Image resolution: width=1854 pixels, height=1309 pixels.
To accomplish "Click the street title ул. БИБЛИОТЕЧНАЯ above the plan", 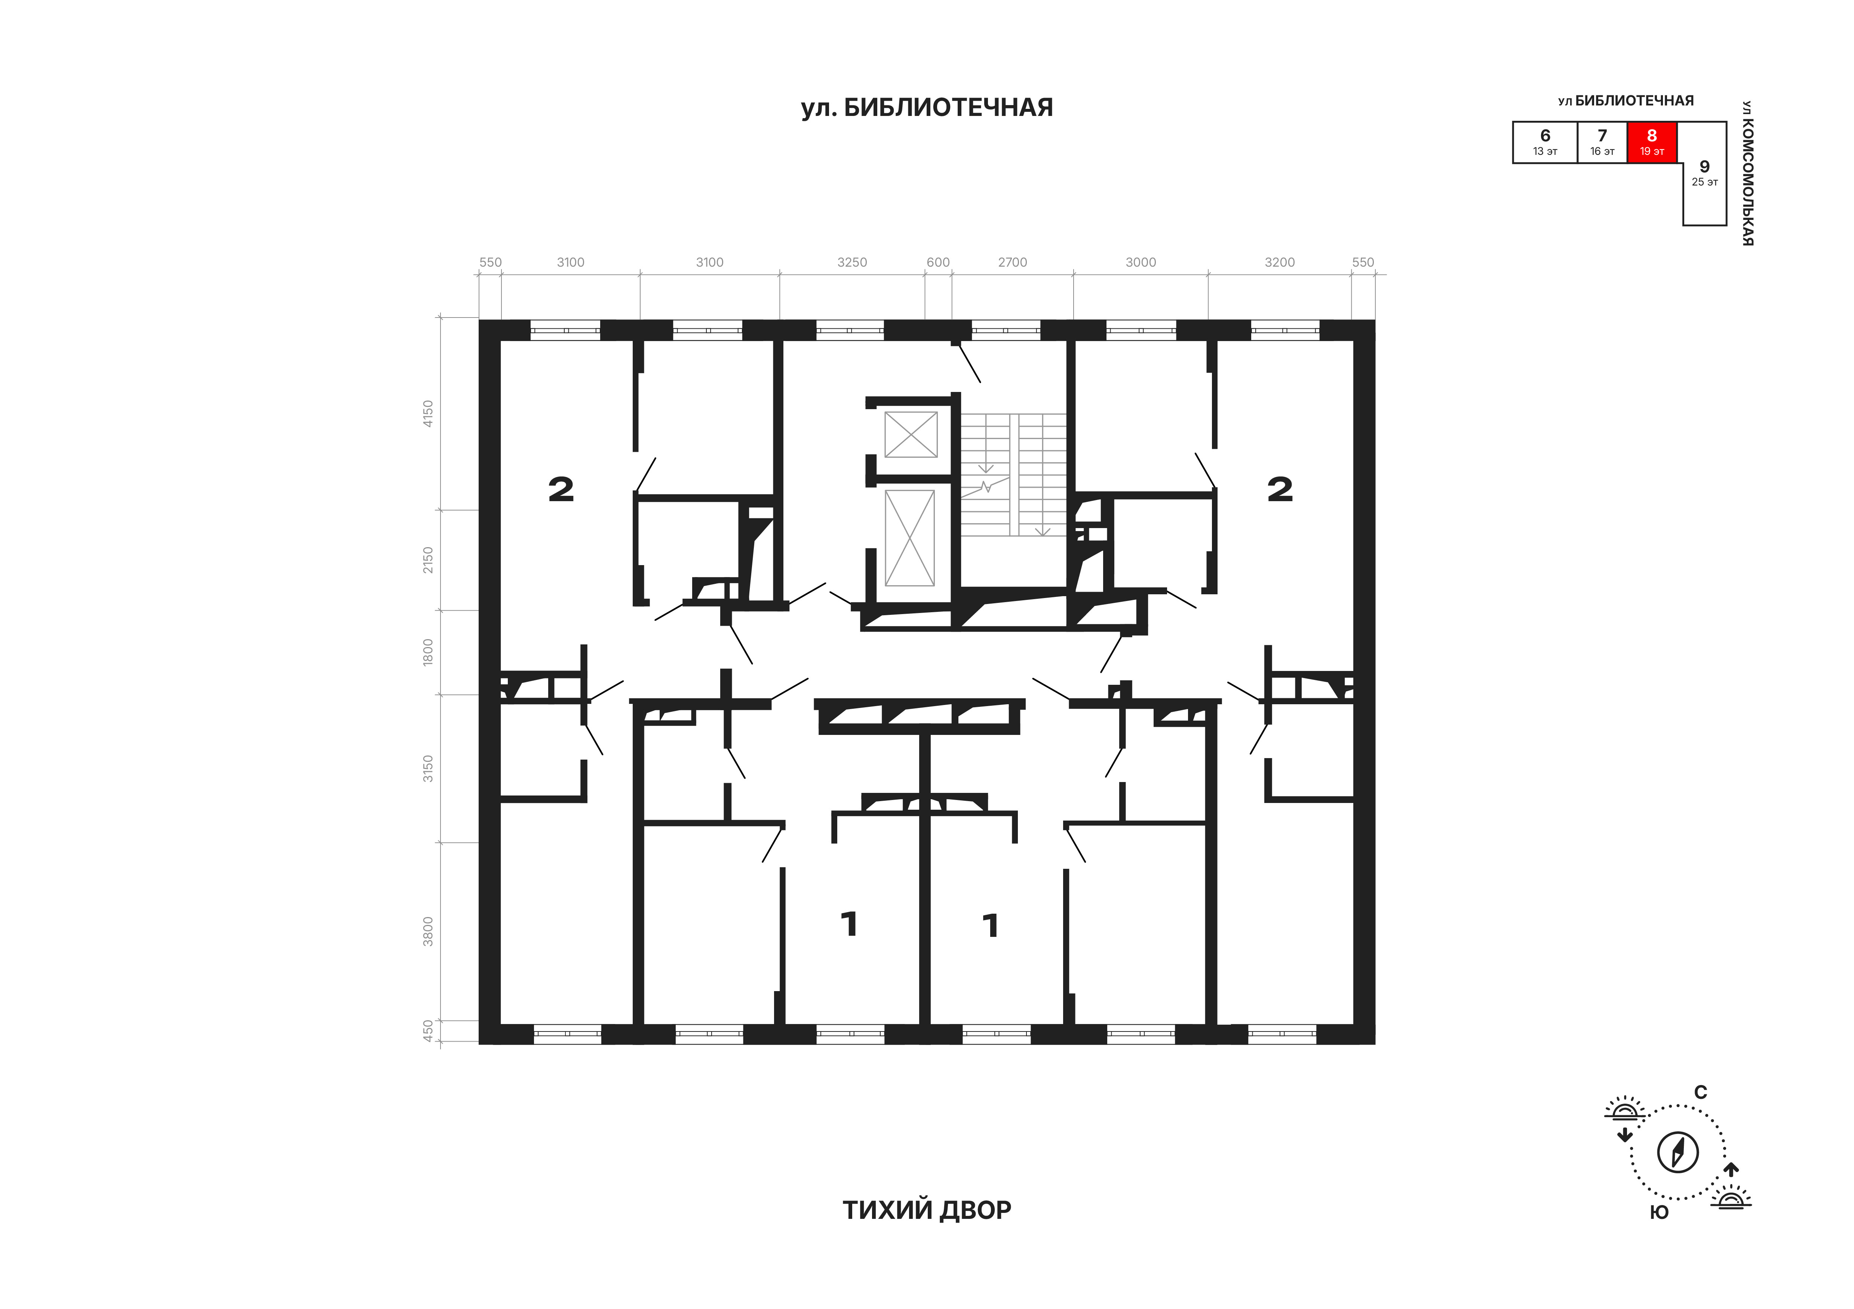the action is (x=927, y=107).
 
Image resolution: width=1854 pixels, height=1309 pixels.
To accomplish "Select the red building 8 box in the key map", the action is (x=1652, y=142).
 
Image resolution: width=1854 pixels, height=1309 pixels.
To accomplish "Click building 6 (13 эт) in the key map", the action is (x=1545, y=142).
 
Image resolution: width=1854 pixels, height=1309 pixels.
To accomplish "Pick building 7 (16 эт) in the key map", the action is (x=1602, y=142).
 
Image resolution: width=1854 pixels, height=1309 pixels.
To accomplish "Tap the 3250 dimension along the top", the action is (x=852, y=263).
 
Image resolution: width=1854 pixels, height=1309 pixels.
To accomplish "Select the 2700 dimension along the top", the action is (x=1013, y=263).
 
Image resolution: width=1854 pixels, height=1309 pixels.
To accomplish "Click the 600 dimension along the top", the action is (x=938, y=263).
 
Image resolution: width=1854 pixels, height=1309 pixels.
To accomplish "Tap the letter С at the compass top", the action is (x=1701, y=1092).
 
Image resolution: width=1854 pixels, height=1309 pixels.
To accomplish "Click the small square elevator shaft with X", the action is (x=911, y=435).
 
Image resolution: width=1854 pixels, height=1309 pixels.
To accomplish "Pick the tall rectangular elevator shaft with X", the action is (x=910, y=538).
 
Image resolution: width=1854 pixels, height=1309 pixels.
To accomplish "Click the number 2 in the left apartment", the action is (x=561, y=489).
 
